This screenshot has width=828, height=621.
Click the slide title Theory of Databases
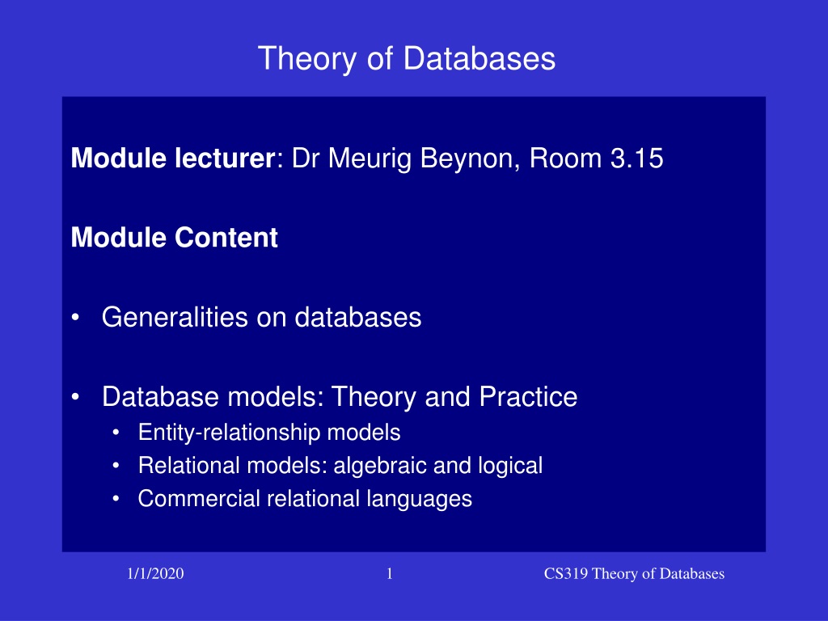coord(407,58)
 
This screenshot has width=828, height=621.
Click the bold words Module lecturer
coord(173,158)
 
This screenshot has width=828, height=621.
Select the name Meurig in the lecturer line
coord(370,159)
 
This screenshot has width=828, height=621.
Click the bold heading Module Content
coord(175,237)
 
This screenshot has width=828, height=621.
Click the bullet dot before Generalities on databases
coord(75,318)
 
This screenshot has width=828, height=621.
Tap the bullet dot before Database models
coord(75,397)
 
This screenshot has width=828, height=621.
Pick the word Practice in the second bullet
coord(528,396)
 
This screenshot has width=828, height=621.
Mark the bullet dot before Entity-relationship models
coord(116,433)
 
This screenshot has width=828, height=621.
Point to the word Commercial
coord(199,498)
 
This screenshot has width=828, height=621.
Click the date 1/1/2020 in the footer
coord(155,573)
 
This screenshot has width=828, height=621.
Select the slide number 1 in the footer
coord(390,573)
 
